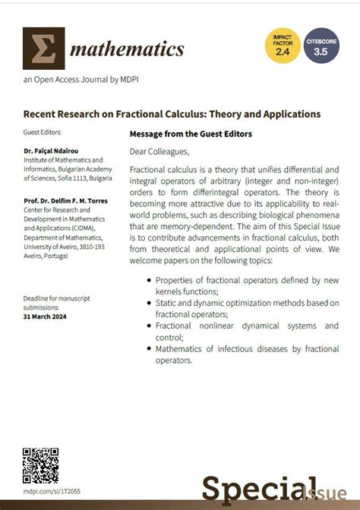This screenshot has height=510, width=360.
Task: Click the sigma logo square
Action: pos(43,49)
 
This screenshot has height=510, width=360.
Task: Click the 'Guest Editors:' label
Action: pos(43,132)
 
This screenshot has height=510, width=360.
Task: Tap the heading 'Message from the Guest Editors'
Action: pos(191,134)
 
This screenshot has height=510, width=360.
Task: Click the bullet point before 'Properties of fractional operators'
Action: pos(147,280)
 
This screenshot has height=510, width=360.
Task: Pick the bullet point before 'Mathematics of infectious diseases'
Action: pos(147,349)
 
